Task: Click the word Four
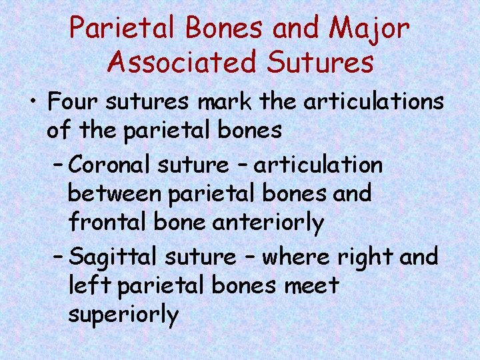pyautogui.click(x=74, y=103)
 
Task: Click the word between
pyautogui.click(x=113, y=194)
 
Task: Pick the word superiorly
pyautogui.click(x=123, y=315)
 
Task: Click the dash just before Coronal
pyautogui.click(x=58, y=164)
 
